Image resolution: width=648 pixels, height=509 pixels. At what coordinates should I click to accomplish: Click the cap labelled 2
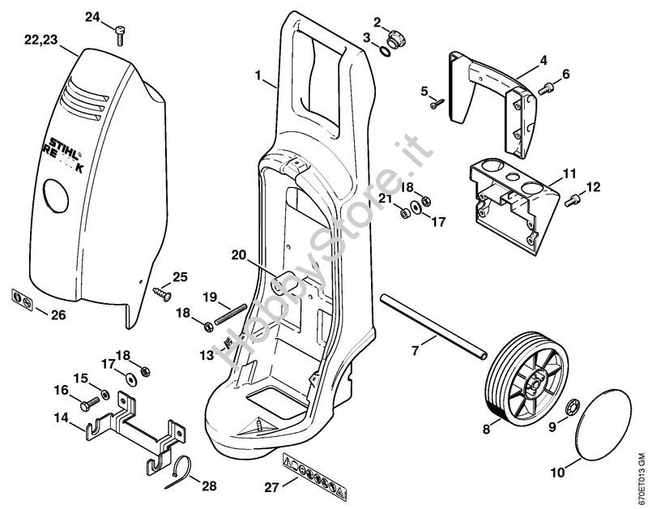397,36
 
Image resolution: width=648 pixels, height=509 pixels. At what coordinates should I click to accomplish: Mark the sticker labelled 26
23,302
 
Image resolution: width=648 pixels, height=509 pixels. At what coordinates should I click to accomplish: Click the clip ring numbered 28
183,472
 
